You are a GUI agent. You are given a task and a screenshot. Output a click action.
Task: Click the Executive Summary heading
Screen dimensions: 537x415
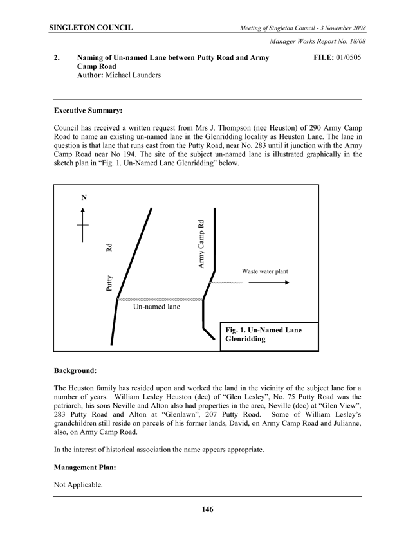click(x=88, y=111)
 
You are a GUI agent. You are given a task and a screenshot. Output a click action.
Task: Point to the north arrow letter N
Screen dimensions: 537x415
click(x=84, y=198)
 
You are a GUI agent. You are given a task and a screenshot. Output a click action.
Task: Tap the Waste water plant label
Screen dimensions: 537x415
click(x=264, y=271)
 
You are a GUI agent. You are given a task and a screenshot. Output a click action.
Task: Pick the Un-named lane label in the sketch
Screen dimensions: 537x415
click(x=156, y=307)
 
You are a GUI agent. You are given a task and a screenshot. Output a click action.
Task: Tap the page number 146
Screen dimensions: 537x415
click(x=207, y=510)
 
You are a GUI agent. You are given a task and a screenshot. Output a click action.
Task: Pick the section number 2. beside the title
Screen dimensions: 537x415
click(x=58, y=58)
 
